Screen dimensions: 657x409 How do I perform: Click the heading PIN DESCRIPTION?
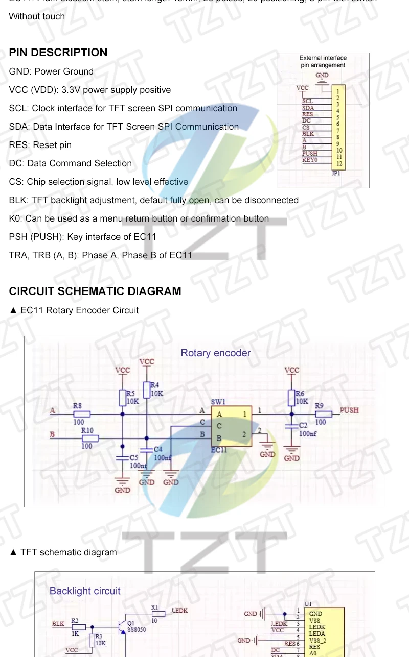point(58,53)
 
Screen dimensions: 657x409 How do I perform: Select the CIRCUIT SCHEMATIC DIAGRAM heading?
point(95,291)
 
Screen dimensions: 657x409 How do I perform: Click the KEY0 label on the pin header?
point(310,160)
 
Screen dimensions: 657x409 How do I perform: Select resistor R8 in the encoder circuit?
point(82,414)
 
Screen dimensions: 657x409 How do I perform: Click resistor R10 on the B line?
point(90,438)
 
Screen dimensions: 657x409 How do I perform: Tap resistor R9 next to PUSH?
point(323,414)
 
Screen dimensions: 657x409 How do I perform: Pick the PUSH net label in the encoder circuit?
point(349,410)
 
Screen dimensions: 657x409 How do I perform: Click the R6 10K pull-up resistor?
point(292,398)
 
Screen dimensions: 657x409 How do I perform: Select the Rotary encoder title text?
point(216,353)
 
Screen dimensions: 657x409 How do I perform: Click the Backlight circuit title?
point(85,591)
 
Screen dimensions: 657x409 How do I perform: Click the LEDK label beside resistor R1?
point(179,611)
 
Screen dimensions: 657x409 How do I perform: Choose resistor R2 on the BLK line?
point(78,627)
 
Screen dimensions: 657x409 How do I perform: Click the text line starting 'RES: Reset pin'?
point(40,145)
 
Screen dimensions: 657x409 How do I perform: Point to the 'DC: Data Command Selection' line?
point(71,163)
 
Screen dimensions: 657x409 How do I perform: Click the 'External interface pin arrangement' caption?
point(323,61)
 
